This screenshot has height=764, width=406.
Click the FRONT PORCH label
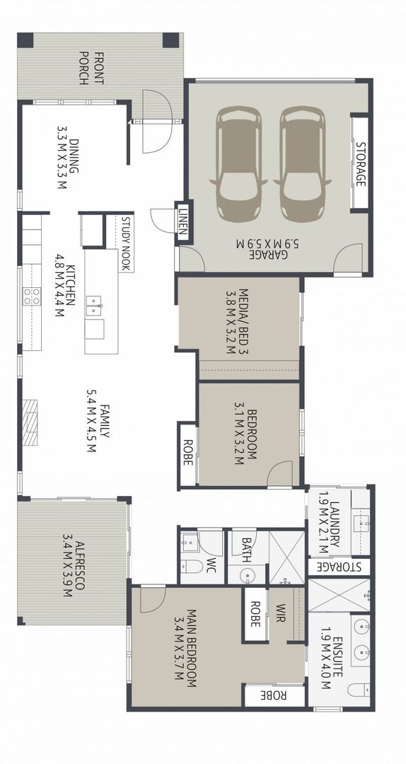coord(91,68)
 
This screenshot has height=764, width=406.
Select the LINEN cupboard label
coord(182,221)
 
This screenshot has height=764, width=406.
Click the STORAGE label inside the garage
coord(361,164)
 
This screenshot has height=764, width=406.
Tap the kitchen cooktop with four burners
coord(32,296)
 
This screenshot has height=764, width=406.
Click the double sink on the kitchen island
coord(94,306)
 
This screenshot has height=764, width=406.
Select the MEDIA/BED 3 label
coord(236,322)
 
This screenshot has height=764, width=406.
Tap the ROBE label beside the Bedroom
coord(187,453)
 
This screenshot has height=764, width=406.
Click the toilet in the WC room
coord(192,567)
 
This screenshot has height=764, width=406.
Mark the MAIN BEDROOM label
coord(186,647)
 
